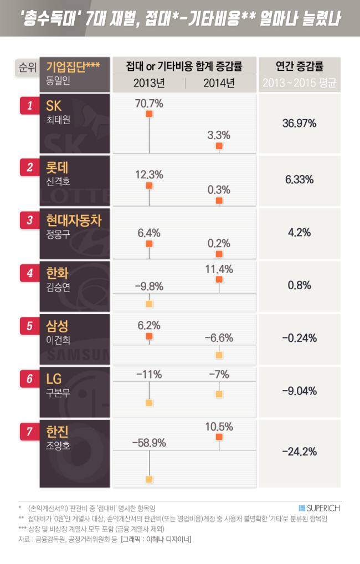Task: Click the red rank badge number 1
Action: [x=30, y=105]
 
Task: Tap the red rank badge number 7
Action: [x=30, y=431]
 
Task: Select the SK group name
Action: [x=54, y=106]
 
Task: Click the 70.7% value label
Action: [x=149, y=104]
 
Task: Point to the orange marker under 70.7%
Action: [x=149, y=114]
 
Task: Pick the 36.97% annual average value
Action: [x=299, y=124]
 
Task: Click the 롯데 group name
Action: [x=57, y=168]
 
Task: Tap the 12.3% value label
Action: [x=149, y=175]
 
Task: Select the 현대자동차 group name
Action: [x=74, y=220]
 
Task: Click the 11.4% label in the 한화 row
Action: [x=219, y=269]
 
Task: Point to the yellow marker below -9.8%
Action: [x=149, y=304]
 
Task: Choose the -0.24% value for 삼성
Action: [x=299, y=338]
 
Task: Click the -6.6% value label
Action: [x=219, y=338]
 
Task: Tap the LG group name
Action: [x=54, y=379]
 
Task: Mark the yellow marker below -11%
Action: [x=149, y=402]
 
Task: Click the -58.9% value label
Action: [x=149, y=443]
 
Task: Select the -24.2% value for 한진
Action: [x=299, y=452]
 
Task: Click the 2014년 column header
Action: [x=219, y=83]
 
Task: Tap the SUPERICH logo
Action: [x=320, y=508]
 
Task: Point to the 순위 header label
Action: [x=27, y=67]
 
